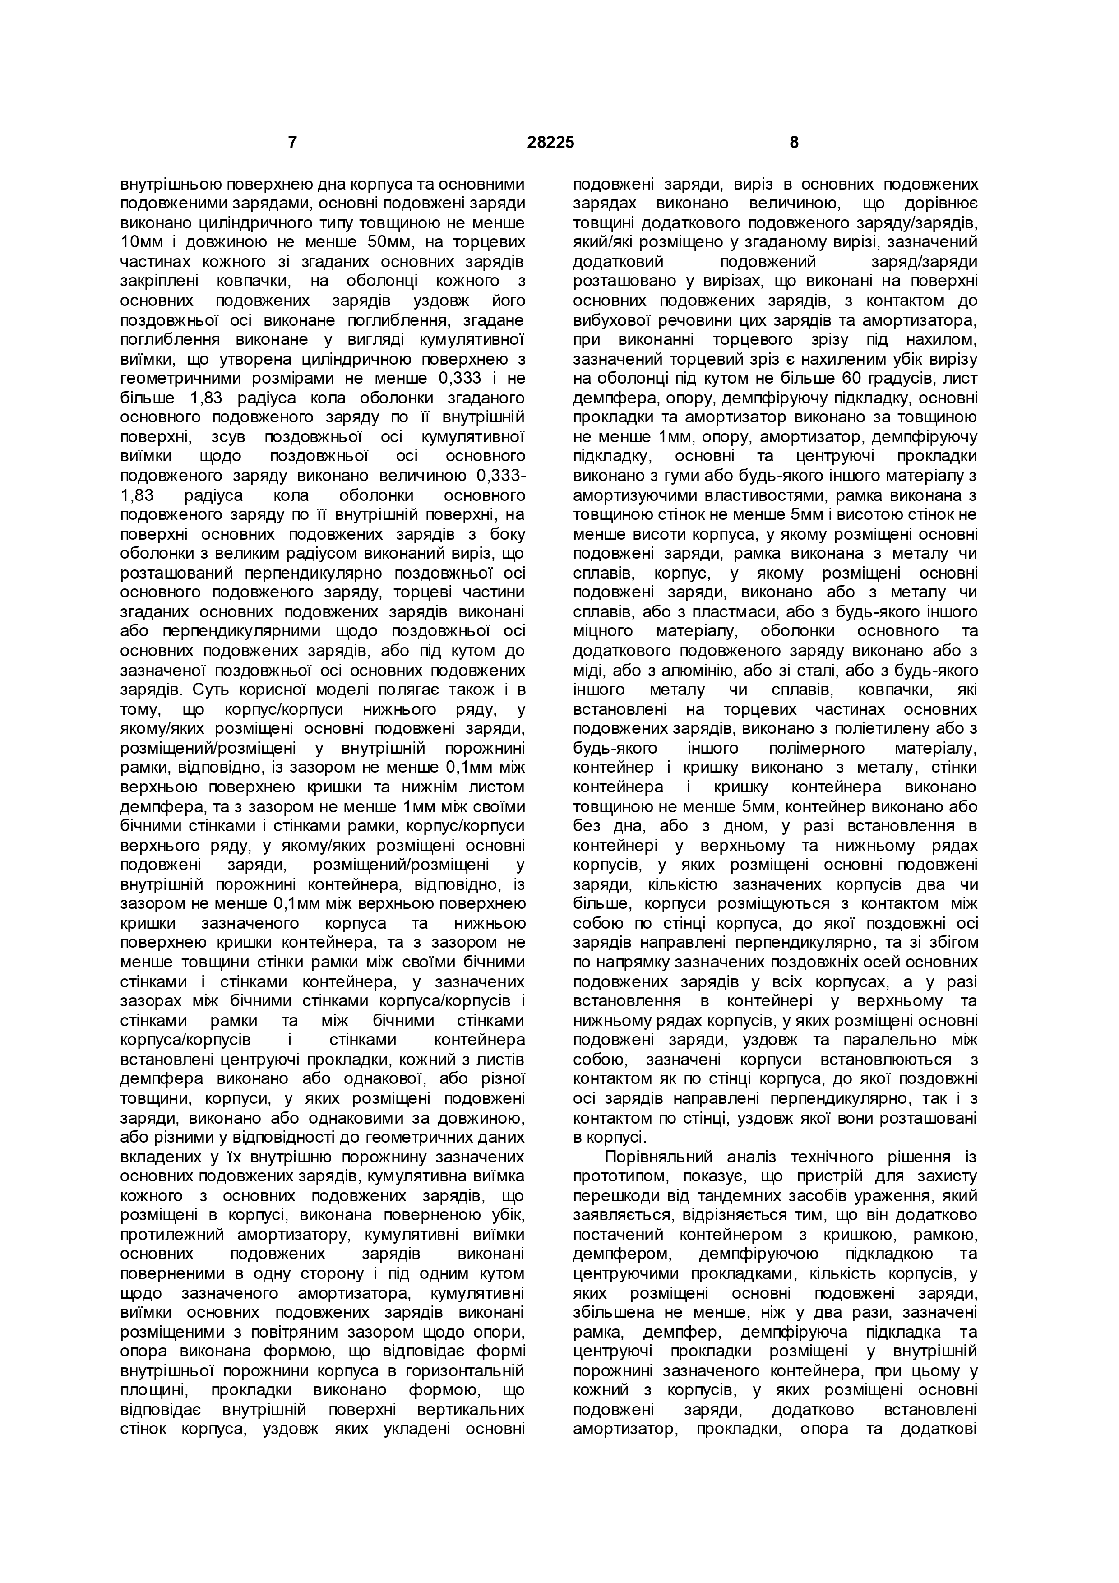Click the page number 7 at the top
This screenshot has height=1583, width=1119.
292,143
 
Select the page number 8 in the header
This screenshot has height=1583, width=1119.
794,143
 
